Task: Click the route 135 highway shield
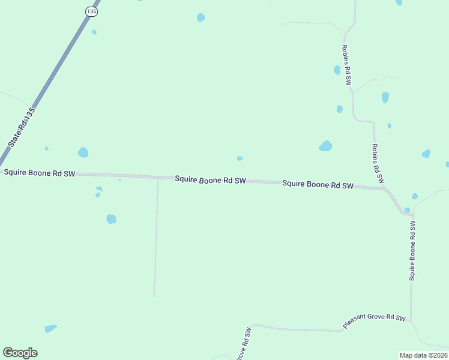(x=91, y=11)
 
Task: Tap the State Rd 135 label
(x=23, y=127)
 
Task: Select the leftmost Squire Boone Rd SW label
(x=40, y=173)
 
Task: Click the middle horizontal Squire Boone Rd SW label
(x=211, y=180)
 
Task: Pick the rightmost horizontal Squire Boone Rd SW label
(x=318, y=185)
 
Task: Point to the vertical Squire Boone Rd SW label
(x=412, y=250)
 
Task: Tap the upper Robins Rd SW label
(x=346, y=66)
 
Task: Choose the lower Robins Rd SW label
(x=378, y=164)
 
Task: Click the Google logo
(x=20, y=353)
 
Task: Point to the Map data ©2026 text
(x=423, y=355)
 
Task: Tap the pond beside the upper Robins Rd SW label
(x=337, y=70)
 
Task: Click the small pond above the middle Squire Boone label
(x=240, y=158)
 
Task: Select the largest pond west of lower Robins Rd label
(x=325, y=146)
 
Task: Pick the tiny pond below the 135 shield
(x=94, y=32)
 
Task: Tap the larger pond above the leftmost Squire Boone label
(x=83, y=152)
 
